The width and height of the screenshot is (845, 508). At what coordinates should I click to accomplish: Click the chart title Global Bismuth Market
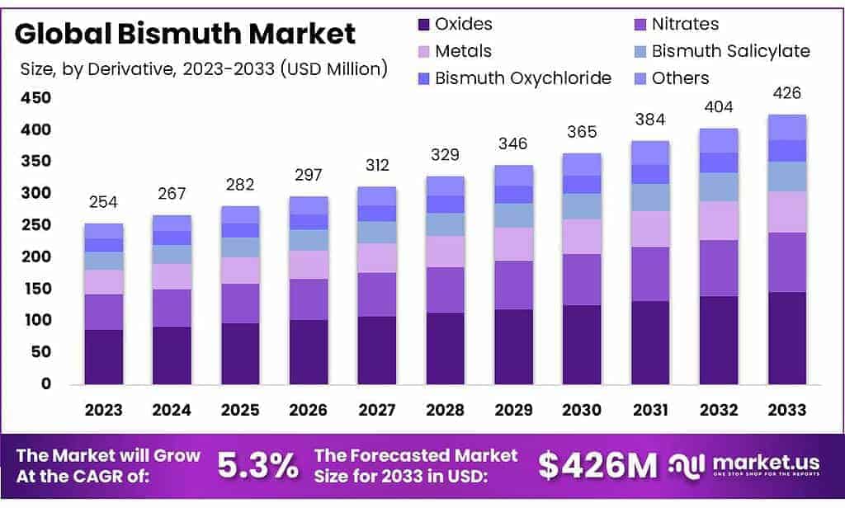click(x=186, y=34)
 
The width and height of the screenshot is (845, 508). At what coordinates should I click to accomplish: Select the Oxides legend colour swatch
click(x=423, y=24)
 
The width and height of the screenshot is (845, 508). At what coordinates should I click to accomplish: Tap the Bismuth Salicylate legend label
click(x=730, y=51)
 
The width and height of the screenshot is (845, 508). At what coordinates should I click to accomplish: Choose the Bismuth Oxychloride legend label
click(x=523, y=78)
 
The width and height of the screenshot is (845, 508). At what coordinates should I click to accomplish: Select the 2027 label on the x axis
click(x=376, y=410)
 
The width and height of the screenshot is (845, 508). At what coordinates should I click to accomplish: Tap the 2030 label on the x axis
click(x=581, y=410)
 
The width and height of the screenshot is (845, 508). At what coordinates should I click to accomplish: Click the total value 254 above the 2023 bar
click(x=103, y=204)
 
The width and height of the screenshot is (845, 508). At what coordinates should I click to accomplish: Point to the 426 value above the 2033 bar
click(x=786, y=92)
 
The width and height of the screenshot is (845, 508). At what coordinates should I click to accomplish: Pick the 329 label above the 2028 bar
click(x=445, y=155)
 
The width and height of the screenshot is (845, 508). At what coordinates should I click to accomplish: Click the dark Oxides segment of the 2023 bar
click(x=103, y=356)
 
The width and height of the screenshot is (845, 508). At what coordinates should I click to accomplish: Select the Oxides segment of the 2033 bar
click(x=786, y=337)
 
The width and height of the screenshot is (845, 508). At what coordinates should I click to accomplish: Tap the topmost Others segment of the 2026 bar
click(x=309, y=205)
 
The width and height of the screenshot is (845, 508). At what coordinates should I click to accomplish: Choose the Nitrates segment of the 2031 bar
click(x=649, y=274)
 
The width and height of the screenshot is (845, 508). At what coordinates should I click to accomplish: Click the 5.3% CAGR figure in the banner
click(x=257, y=466)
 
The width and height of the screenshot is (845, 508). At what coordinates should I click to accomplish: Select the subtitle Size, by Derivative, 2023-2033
click(x=203, y=68)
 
